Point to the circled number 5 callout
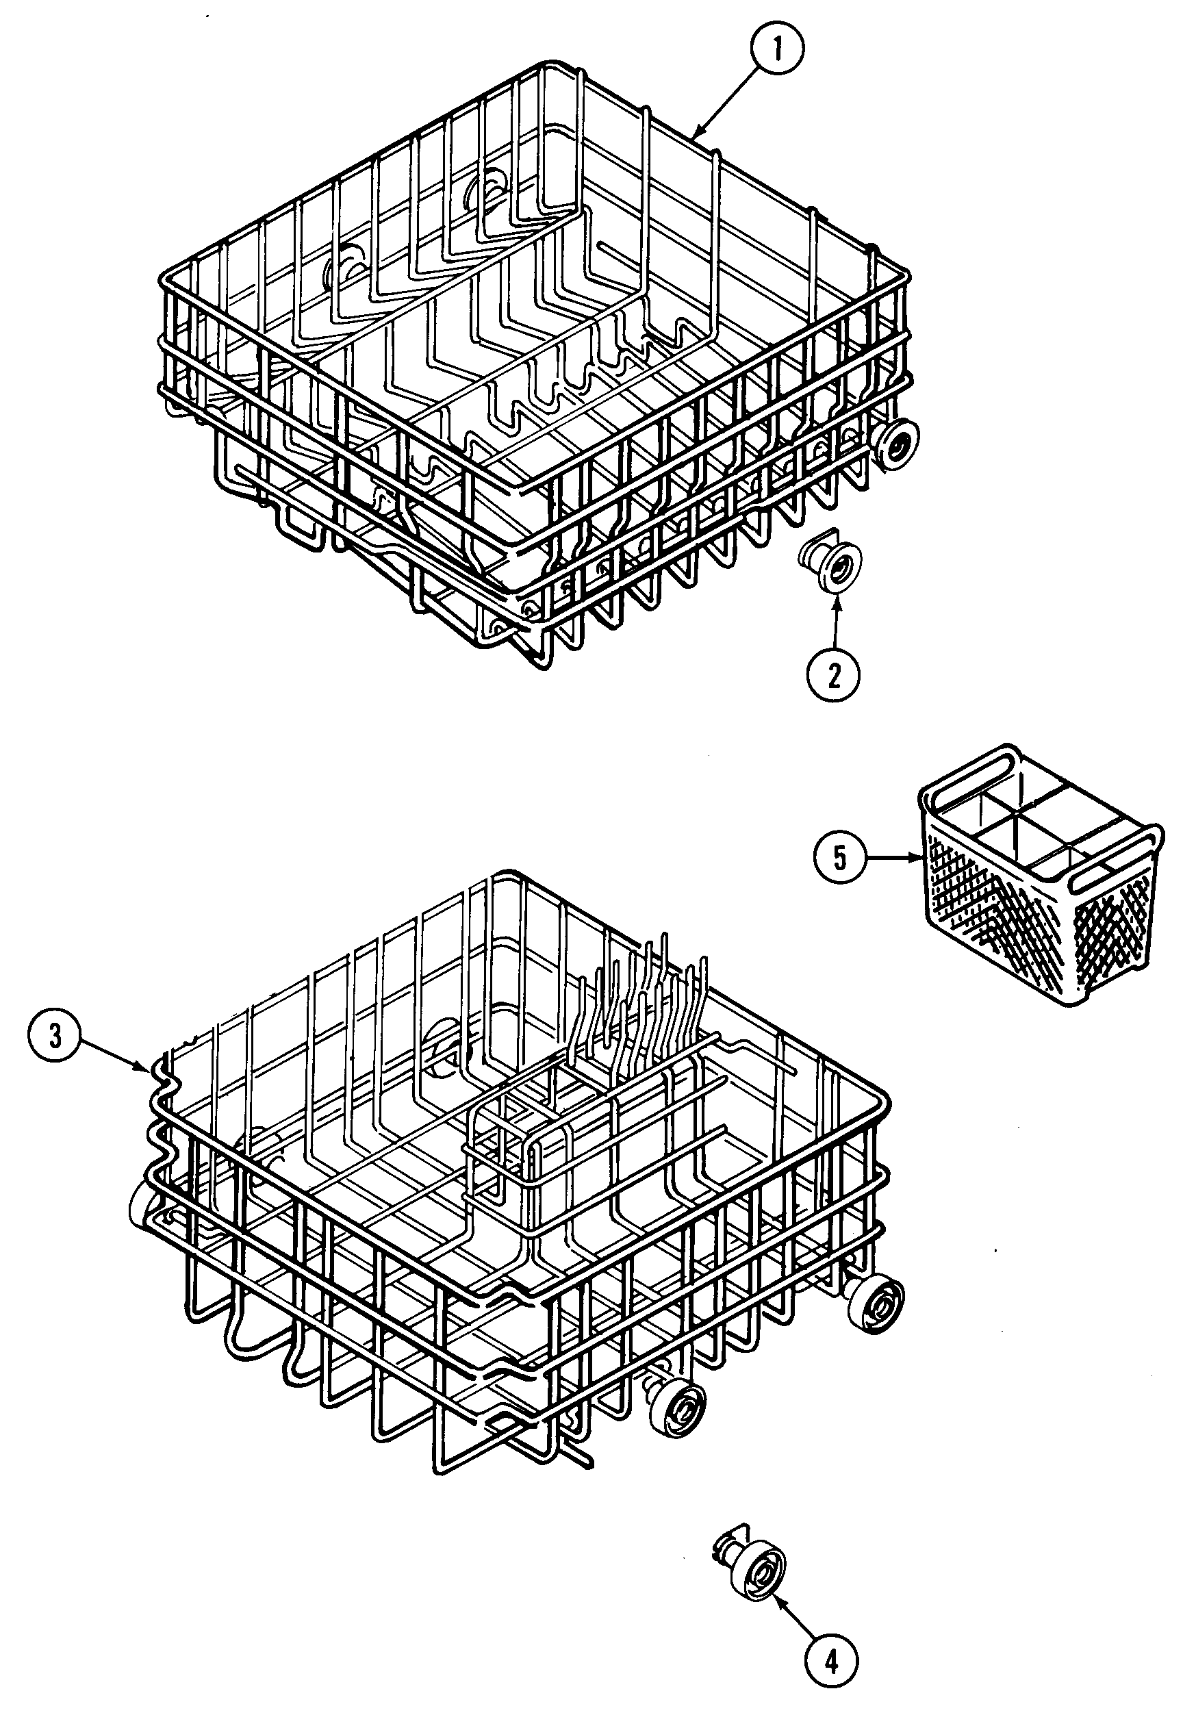839,859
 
